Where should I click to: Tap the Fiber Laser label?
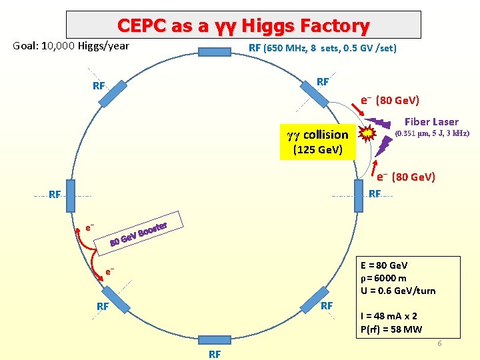click(x=431, y=121)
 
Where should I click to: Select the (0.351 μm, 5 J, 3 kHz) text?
click(x=432, y=133)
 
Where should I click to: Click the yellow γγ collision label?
click(x=317, y=134)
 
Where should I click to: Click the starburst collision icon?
click(x=365, y=133)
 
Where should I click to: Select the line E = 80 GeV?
click(x=383, y=266)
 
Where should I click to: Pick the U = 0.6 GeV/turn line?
click(x=397, y=291)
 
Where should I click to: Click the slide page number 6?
click(x=439, y=343)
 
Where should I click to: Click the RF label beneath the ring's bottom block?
click(x=215, y=354)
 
